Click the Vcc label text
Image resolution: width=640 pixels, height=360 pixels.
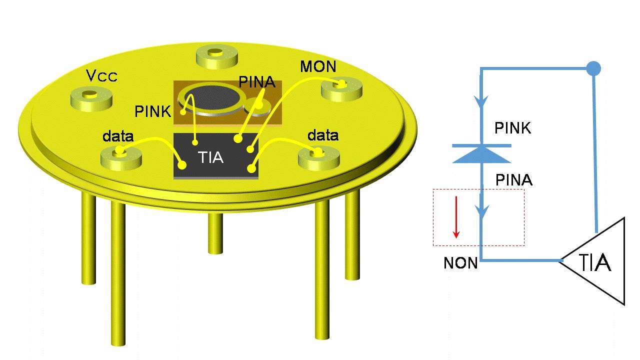[x=101, y=75]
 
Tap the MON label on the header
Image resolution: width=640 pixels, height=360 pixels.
[x=318, y=66]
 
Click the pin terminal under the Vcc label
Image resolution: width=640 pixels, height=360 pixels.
[x=91, y=97]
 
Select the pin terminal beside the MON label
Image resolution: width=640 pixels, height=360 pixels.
[x=340, y=89]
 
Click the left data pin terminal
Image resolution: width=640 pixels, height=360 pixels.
[x=121, y=157]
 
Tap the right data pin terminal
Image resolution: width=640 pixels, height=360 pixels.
[x=318, y=157]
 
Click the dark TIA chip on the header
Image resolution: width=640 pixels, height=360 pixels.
[x=215, y=156]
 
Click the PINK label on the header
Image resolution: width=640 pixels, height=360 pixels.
[x=152, y=111]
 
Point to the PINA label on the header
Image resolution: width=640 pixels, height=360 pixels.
[x=257, y=81]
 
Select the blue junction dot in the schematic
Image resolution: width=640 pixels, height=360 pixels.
[x=593, y=67]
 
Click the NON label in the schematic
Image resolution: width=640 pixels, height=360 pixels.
[x=460, y=263]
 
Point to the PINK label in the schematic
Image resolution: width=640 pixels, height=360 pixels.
[x=512, y=128]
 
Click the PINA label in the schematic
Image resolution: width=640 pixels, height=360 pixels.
[x=513, y=180]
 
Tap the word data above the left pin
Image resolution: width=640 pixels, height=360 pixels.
[x=117, y=136]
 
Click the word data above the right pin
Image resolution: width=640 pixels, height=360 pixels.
[x=322, y=135]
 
